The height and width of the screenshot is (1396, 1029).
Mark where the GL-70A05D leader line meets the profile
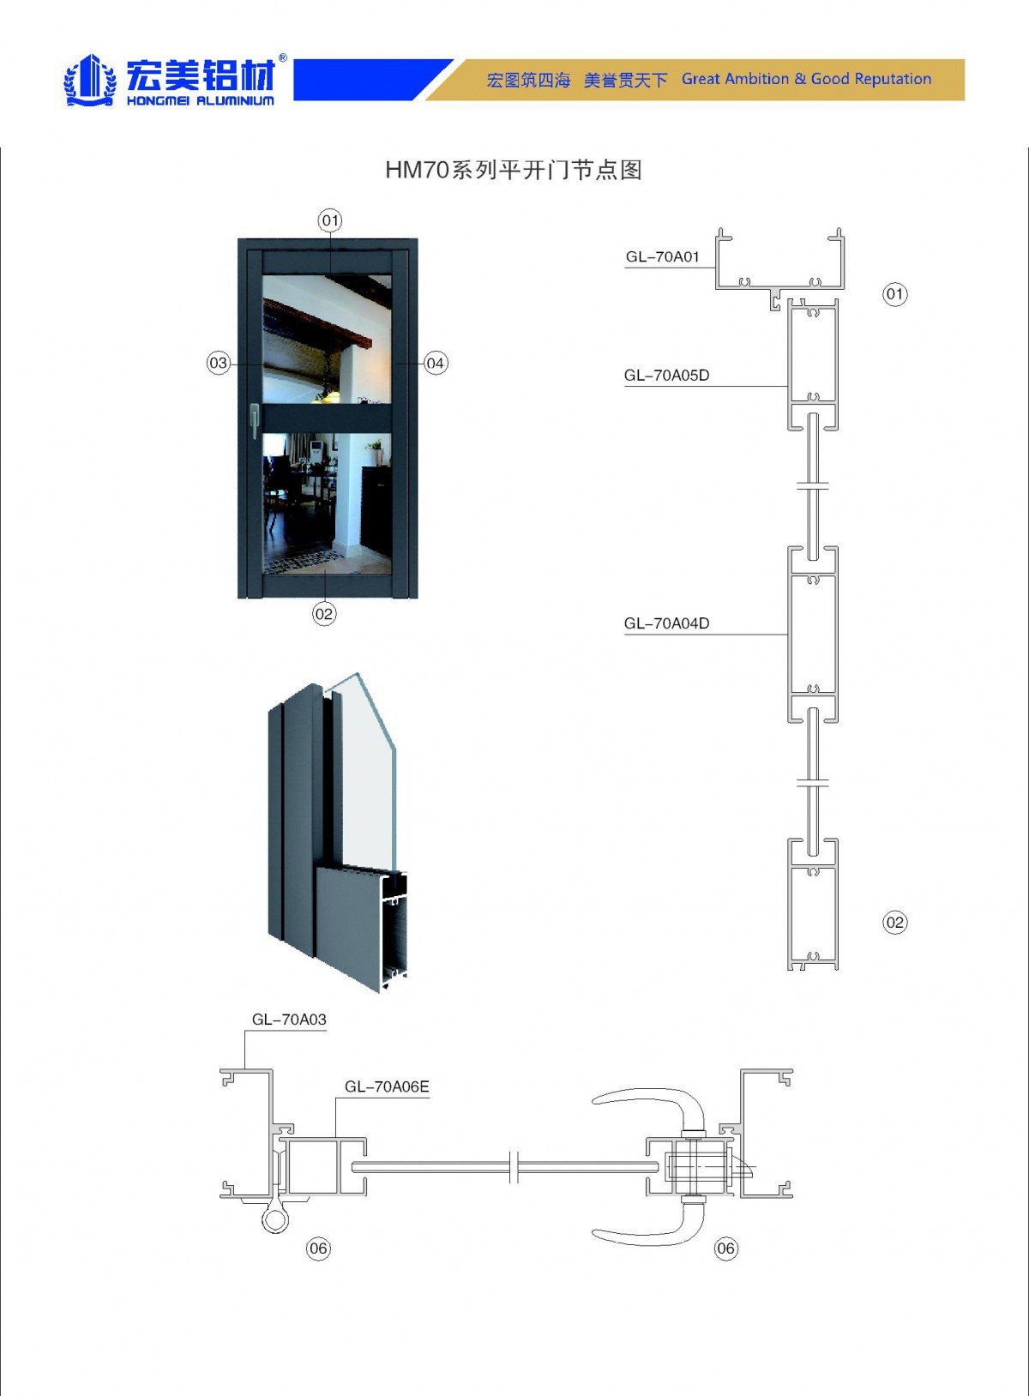coord(788,387)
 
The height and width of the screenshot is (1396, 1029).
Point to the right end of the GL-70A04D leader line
coord(788,635)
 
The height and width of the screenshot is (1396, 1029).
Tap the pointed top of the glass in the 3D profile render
coord(356,673)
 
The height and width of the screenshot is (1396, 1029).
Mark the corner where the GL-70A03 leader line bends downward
coord(245,1031)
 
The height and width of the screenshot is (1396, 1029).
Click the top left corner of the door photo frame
coord(238,238)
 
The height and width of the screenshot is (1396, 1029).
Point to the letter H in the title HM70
coord(394,170)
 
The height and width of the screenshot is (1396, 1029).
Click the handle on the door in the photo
coord(254,419)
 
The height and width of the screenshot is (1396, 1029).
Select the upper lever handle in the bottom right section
coord(648,1103)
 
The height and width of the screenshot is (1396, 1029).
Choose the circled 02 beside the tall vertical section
coord(895,923)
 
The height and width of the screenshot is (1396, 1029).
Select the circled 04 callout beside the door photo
coord(435,364)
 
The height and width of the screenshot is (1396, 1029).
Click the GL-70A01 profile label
coord(663,256)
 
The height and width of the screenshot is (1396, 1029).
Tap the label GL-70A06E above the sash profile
coord(387,1086)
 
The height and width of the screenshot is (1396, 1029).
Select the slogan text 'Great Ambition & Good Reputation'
coord(807,79)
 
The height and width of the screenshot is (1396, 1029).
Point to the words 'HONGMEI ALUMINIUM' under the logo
coord(200,100)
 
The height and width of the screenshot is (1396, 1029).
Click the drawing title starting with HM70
coord(514,170)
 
